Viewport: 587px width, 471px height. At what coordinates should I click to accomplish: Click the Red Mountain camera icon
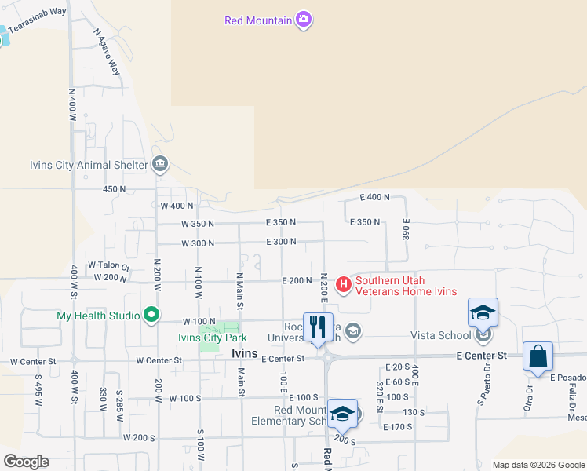pyautogui.click(x=304, y=20)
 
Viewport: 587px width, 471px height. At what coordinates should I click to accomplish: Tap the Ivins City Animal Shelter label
pyautogui.click(x=88, y=165)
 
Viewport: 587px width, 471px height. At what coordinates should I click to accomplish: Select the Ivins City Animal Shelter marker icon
pyautogui.click(x=160, y=164)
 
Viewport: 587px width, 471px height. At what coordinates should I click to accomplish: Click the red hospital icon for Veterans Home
pyautogui.click(x=343, y=284)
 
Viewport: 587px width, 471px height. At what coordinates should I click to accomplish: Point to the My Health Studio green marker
pyautogui.click(x=151, y=316)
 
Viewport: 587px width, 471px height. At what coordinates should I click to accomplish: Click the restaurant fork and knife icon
pyautogui.click(x=318, y=327)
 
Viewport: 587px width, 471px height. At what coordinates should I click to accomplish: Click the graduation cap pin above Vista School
pyautogui.click(x=483, y=312)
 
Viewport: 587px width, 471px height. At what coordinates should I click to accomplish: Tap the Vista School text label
pyautogui.click(x=440, y=335)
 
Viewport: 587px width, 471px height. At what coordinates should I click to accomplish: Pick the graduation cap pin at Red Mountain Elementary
pyautogui.click(x=342, y=413)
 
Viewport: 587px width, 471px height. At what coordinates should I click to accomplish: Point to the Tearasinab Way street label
pyautogui.click(x=38, y=13)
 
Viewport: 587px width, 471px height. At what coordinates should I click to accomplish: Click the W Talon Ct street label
pyautogui.click(x=108, y=265)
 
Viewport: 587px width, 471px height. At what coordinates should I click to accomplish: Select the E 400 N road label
pyautogui.click(x=375, y=197)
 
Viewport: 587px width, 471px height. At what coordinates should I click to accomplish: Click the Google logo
pyautogui.click(x=26, y=462)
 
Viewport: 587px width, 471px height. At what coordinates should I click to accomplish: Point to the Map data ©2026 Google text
pyautogui.click(x=538, y=465)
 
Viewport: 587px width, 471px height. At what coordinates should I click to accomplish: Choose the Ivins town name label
pyautogui.click(x=245, y=354)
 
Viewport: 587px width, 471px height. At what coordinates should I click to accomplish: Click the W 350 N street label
pyautogui.click(x=198, y=224)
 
